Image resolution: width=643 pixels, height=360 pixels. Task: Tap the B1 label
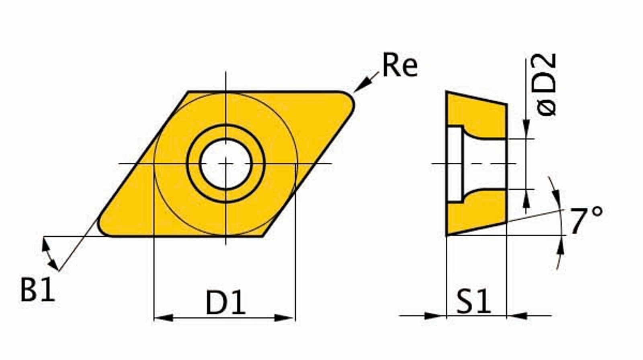[x=38, y=289]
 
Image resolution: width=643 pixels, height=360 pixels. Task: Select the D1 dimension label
[x=225, y=302]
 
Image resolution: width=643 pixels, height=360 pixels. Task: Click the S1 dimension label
[x=474, y=301]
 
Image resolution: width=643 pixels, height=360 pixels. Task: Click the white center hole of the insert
[x=225, y=164]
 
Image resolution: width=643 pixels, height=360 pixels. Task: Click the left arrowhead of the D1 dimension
[x=164, y=317]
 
